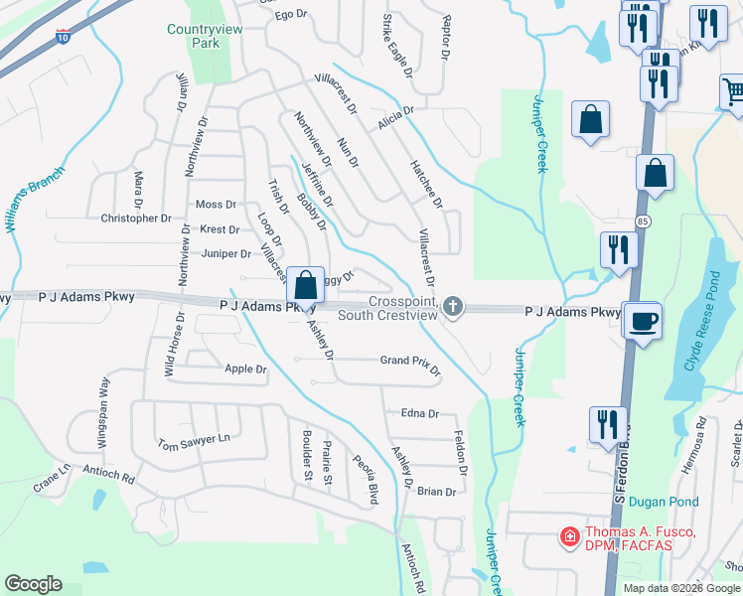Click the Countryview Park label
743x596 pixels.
click(207, 37)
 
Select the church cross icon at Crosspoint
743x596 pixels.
click(453, 306)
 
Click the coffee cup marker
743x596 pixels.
click(643, 321)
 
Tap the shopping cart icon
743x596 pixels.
click(733, 92)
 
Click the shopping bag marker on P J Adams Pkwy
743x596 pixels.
click(307, 285)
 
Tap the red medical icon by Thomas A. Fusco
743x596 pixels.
click(570, 538)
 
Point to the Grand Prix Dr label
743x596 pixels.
click(409, 362)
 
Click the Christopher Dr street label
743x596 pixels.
click(136, 218)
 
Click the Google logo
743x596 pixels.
click(33, 584)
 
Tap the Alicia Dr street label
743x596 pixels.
click(394, 124)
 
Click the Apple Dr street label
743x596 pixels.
click(246, 369)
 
